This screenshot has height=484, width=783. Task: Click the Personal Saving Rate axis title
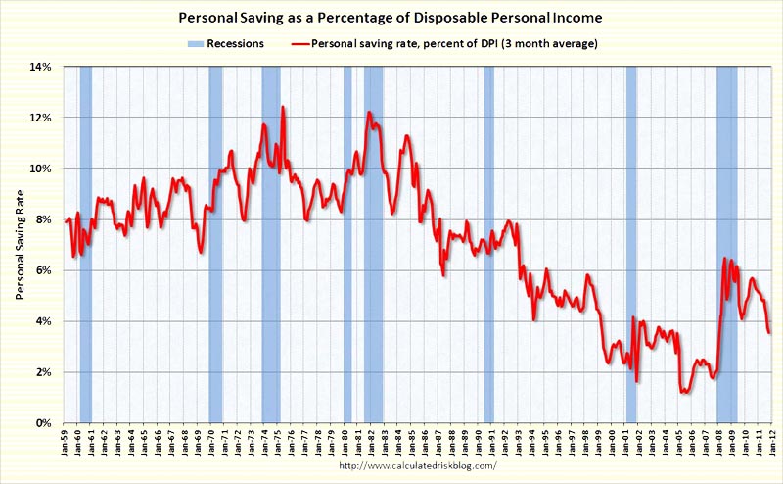pyautogui.click(x=20, y=245)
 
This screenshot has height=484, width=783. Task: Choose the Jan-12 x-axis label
pyautogui.click(x=771, y=443)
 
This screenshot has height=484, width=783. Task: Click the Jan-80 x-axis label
pyautogui.click(x=345, y=443)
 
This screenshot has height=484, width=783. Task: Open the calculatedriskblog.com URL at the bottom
pyautogui.click(x=416, y=465)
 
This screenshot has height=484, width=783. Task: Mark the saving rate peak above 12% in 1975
pyautogui.click(x=283, y=107)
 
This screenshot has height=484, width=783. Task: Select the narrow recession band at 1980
pyautogui.click(x=347, y=245)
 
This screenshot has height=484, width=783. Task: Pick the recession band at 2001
pyautogui.click(x=631, y=245)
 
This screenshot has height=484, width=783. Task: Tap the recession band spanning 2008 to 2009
pyautogui.click(x=726, y=245)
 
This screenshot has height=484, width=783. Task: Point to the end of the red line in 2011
pyautogui.click(x=769, y=333)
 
